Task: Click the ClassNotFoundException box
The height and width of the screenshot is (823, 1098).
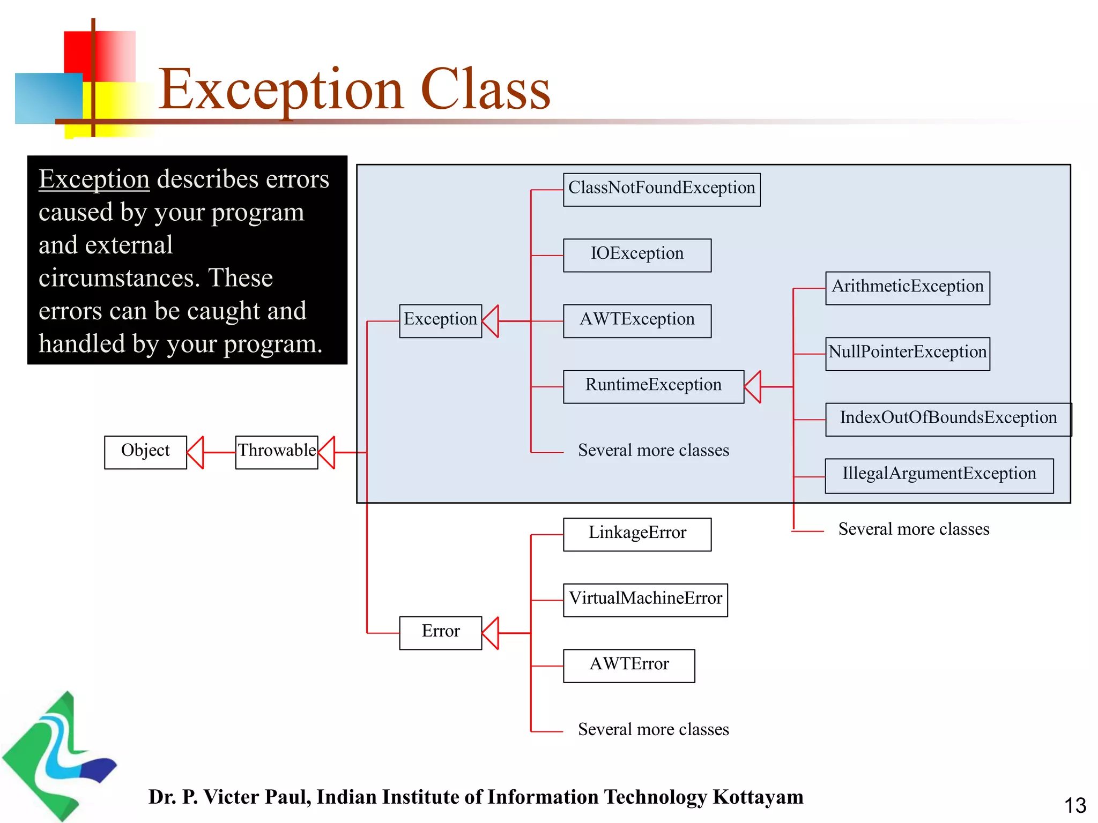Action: click(661, 189)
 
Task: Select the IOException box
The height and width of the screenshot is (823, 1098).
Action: click(637, 255)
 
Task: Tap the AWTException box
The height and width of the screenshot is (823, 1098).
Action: click(637, 320)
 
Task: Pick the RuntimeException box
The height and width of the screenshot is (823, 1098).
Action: click(653, 386)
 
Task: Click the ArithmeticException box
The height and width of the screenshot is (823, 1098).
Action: click(907, 288)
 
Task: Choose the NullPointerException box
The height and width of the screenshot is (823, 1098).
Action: click(907, 354)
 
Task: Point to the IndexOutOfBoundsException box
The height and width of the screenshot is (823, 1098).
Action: click(948, 420)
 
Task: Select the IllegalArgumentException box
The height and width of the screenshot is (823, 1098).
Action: click(939, 475)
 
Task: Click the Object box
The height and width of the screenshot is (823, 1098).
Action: click(145, 452)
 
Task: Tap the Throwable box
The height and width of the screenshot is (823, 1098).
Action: click(277, 452)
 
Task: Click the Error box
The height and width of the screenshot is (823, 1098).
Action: click(440, 633)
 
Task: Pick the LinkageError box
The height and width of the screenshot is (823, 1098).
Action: click(637, 534)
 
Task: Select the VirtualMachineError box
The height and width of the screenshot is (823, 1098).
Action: click(645, 600)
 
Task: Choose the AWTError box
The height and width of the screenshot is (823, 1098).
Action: click(629, 665)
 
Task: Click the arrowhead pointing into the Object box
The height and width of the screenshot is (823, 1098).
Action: click(196, 452)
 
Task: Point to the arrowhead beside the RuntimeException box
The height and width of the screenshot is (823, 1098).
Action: click(753, 386)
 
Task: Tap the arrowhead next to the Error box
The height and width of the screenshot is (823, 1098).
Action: click(491, 633)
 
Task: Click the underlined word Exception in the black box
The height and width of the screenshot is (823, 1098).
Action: click(94, 179)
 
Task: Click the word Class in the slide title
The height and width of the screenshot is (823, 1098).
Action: click(485, 90)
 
